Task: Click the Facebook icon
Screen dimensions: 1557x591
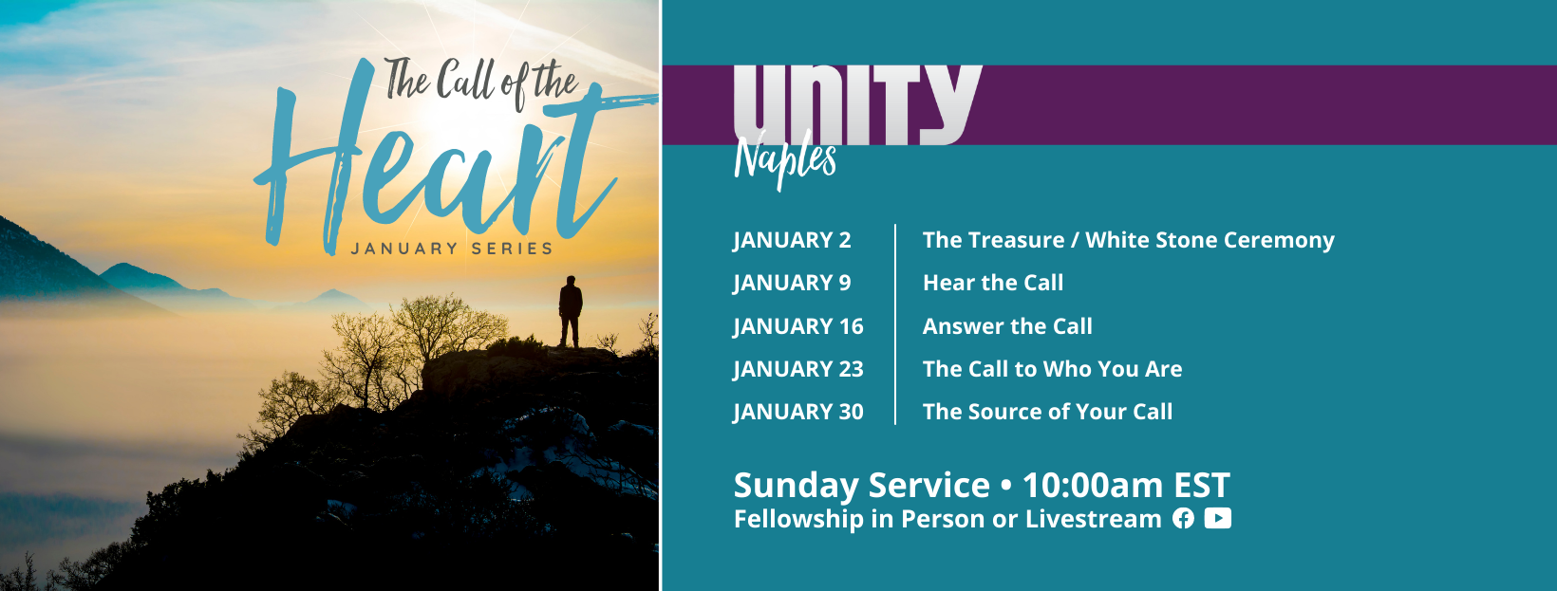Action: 1183,518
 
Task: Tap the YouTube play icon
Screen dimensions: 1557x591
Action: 1218,518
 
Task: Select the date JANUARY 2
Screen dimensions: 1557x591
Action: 792,240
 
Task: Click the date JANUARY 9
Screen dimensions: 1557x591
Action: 792,284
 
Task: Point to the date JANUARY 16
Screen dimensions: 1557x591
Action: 797,326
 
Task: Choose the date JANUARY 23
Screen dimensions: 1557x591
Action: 797,369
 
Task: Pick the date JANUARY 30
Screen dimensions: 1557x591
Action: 797,412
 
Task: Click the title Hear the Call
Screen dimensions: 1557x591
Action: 993,283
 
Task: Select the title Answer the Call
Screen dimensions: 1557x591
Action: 1007,325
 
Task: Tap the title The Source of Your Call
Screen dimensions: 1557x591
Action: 1047,411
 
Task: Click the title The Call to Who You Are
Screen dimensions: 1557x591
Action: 1052,369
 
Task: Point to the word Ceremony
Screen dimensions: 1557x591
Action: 1279,240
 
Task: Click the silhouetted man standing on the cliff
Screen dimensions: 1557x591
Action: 570,311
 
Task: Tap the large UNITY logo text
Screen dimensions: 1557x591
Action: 857,105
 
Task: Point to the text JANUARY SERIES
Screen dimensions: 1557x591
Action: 452,249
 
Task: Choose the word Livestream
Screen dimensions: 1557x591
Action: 1093,519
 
